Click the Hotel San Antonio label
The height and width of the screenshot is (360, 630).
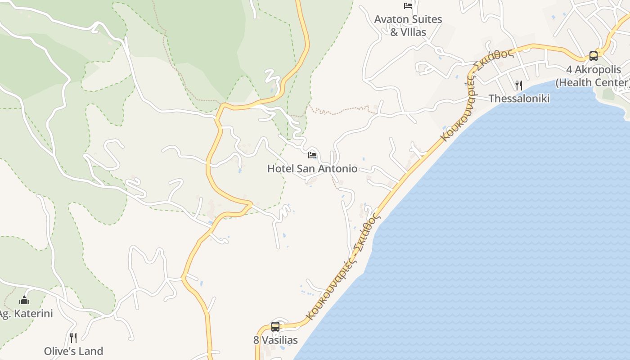click(x=312, y=169)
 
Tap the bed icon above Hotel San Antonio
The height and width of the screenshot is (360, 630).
click(x=312, y=155)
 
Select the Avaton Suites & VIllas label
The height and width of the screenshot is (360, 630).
click(x=408, y=26)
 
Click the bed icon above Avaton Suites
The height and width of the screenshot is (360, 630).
click(x=408, y=6)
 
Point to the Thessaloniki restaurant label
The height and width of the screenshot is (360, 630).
click(x=519, y=99)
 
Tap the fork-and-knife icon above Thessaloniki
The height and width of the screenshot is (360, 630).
click(x=519, y=85)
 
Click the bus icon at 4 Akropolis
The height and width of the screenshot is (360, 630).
click(x=594, y=56)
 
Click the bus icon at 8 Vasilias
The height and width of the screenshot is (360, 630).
click(x=275, y=327)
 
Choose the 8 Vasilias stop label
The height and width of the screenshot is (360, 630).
click(x=275, y=340)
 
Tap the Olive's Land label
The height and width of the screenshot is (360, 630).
click(x=73, y=351)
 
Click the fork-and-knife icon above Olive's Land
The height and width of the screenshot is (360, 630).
click(x=73, y=337)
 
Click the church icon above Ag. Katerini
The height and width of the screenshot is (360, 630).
click(x=24, y=300)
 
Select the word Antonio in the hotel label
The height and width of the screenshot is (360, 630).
click(x=337, y=169)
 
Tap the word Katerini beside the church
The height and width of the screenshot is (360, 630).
click(x=33, y=314)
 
